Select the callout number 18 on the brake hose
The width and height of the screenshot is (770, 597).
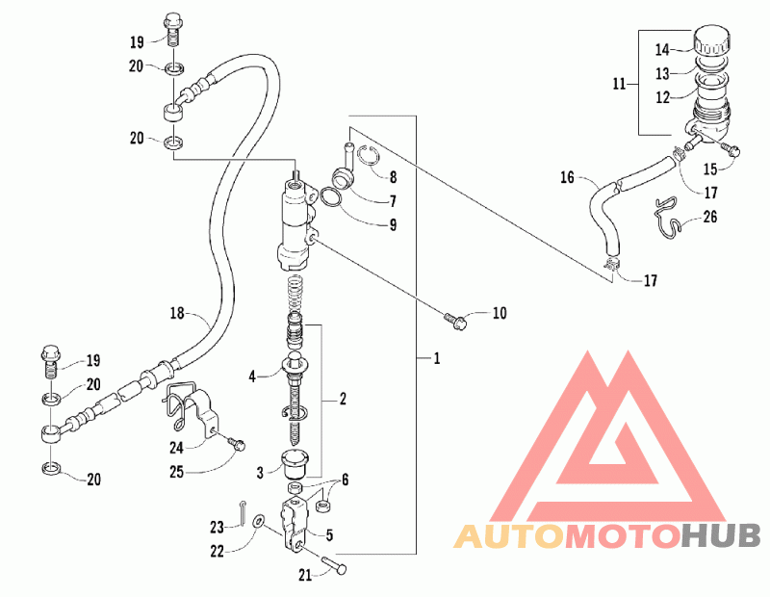[x=177, y=313]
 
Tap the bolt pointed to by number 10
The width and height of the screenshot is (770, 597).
[x=456, y=321]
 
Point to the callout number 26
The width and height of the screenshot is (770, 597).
[x=710, y=217]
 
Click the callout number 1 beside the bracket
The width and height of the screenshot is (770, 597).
[x=437, y=358]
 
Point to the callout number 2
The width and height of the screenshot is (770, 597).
[x=343, y=399]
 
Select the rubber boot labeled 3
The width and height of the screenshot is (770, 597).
[x=294, y=464]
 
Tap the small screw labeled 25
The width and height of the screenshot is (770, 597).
[x=237, y=443]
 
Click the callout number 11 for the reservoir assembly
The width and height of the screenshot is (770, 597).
[x=619, y=84]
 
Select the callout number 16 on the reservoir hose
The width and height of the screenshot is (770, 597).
[x=567, y=177]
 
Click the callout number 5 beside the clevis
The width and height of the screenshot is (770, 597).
[x=329, y=534]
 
